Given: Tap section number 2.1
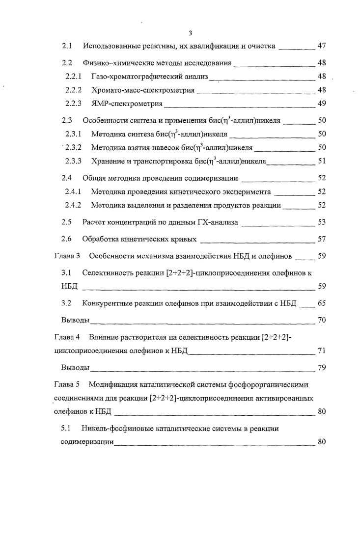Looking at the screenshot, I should [67, 46].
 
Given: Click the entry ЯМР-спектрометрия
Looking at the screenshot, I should [127, 104].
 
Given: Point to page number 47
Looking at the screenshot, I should [322, 46].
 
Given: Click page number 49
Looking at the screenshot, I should [322, 104].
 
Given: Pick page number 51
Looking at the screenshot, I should [322, 161].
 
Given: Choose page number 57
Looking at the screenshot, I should [322, 239].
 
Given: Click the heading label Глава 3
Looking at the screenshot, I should [66, 256].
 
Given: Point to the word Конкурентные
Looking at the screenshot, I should [107, 303].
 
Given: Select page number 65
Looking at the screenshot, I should [322, 303].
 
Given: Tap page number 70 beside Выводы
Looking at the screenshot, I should [322, 320].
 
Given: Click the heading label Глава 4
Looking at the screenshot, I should [66, 337].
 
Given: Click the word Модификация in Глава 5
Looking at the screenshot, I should [111, 381].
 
